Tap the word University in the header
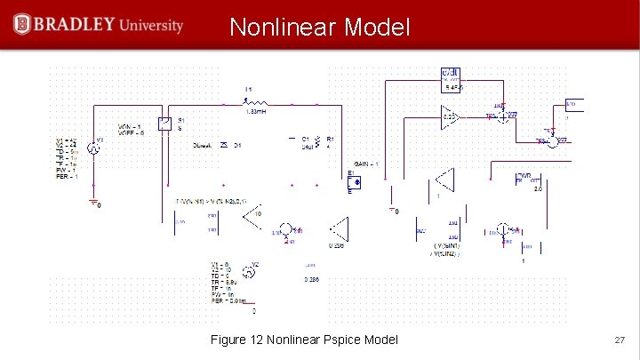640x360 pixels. (x=153, y=25)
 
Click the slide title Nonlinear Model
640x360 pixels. (x=320, y=28)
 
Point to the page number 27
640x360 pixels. (x=620, y=340)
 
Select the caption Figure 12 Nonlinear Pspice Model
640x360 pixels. (x=304, y=340)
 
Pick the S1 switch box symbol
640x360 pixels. (x=164, y=124)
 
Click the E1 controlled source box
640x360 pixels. (x=353, y=182)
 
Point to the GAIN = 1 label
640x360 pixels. (x=367, y=164)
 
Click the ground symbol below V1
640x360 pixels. (x=92, y=203)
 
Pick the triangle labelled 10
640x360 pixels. (x=253, y=214)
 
